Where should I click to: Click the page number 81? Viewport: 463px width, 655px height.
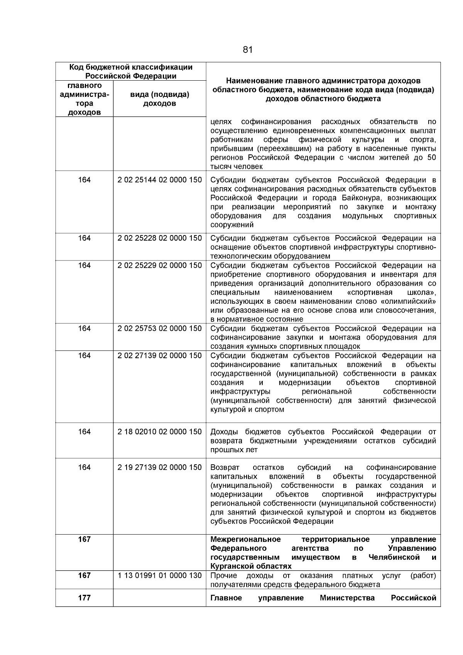pyautogui.click(x=248, y=50)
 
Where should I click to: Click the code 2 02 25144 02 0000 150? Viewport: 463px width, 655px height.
pyautogui.click(x=159, y=180)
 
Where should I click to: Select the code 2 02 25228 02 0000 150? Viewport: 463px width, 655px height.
pyautogui.click(x=159, y=238)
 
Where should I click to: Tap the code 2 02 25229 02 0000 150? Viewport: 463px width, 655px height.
pyautogui.click(x=159, y=266)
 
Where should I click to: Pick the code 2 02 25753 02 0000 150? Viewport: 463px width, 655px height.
pyautogui.click(x=159, y=328)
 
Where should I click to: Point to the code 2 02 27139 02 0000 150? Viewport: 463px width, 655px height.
pyautogui.click(x=159, y=355)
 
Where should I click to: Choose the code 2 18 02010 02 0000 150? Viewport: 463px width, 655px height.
pyautogui.click(x=159, y=432)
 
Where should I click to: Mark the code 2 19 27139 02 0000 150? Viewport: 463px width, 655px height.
pyautogui.click(x=159, y=467)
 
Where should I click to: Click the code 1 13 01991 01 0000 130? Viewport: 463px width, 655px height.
pyautogui.click(x=159, y=575)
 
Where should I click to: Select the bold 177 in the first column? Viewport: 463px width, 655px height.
pyautogui.click(x=84, y=598)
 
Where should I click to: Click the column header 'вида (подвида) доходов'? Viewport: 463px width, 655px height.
pyautogui.click(x=159, y=99)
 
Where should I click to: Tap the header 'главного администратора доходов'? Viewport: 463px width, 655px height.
pyautogui.click(x=84, y=99)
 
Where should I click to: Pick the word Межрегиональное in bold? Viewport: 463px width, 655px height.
pyautogui.click(x=245, y=540)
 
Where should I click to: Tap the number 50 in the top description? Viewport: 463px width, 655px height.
pyautogui.click(x=431, y=157)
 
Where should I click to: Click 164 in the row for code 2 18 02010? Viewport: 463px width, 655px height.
pyautogui.click(x=84, y=432)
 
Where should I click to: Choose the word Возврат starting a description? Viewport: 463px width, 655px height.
pyautogui.click(x=225, y=468)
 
